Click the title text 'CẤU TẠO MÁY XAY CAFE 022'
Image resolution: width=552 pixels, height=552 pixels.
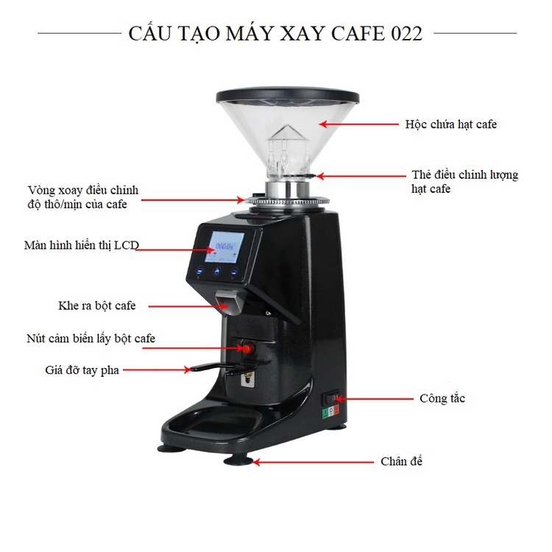(275, 34)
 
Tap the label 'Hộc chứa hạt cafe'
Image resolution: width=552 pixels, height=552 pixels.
(450, 124)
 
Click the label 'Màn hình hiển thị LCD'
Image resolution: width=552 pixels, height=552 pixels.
(81, 244)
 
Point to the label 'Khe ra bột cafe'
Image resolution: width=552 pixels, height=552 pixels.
(97, 305)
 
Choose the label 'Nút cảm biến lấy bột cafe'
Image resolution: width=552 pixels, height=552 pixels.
(89, 339)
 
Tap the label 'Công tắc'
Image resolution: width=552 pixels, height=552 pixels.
(442, 398)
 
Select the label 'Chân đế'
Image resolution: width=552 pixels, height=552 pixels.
(401, 461)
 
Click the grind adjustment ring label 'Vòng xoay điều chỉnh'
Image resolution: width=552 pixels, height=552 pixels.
(82, 190)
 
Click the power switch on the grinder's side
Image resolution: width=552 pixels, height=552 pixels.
(333, 401)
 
